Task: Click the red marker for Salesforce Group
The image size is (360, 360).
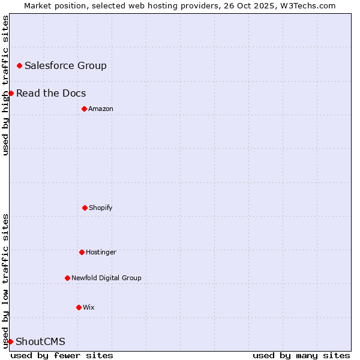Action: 19,65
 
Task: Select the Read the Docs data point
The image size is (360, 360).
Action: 11,93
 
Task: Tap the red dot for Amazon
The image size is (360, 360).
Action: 84,109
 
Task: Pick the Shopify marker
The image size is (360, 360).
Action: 85,208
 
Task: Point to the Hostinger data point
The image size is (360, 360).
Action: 82,252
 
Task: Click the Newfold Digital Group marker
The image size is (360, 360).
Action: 67,278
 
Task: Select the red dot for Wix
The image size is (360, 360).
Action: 79,307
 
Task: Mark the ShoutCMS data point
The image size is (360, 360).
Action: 10,341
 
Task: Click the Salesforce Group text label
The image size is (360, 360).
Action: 65,65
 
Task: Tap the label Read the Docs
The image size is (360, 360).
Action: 51,93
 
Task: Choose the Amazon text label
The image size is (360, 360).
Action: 101,109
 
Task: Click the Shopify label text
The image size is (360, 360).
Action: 101,208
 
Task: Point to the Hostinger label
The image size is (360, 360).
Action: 101,252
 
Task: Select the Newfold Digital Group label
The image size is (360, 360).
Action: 106,278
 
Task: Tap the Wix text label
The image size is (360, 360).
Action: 89,307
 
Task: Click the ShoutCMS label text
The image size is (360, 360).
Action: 40,341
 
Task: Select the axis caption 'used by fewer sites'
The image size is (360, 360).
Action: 62,355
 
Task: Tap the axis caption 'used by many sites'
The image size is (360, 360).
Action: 301,355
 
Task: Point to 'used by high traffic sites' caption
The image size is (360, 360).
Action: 5,85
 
